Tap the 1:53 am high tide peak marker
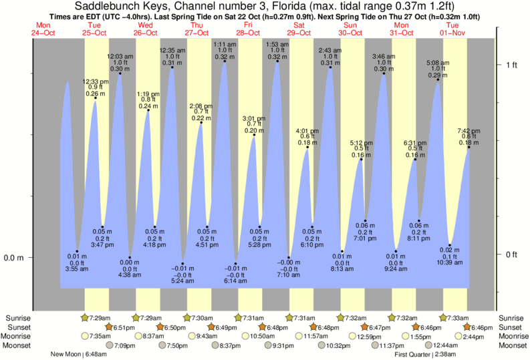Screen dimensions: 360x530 click(277, 61)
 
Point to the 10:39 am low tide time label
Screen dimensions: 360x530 click(450, 262)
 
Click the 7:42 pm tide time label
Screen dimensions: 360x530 click(469, 131)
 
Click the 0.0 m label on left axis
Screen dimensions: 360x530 click(14, 258)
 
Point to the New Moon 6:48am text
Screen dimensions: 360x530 click(78, 354)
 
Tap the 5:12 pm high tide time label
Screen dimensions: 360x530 click(361, 143)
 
